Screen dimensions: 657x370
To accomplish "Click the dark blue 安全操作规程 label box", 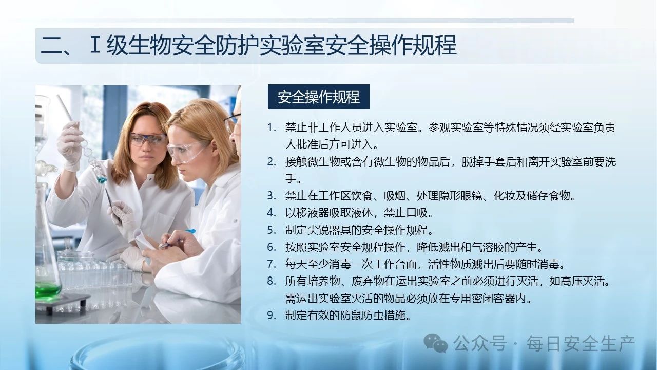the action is tap(319, 97).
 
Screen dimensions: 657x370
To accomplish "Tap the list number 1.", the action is tap(272, 127).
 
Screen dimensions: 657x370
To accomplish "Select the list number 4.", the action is tap(272, 213).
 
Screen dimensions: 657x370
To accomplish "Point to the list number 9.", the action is tap(272, 315).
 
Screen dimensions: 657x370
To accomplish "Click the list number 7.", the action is tap(272, 264).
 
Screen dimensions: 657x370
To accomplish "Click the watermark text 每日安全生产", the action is tap(581, 343).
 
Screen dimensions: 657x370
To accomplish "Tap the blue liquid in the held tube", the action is tap(102, 177).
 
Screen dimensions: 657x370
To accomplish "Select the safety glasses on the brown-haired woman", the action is tap(147, 139).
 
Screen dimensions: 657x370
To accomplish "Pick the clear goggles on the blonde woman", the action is tap(186, 151).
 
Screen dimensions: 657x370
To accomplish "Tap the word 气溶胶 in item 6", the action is tap(488, 247).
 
